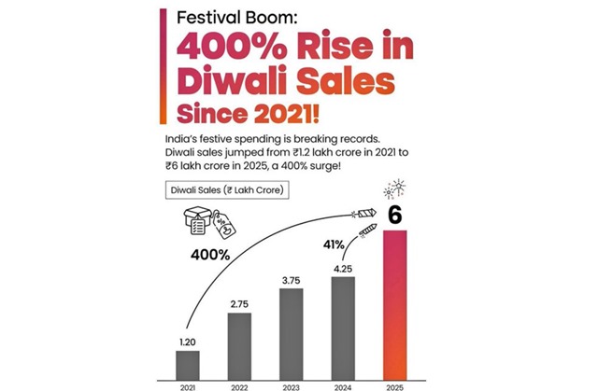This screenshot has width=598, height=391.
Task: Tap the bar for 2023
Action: point(291,332)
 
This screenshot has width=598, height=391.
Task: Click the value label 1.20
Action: point(188,342)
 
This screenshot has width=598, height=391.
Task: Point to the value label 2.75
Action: point(239,304)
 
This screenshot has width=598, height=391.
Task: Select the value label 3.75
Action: point(291,280)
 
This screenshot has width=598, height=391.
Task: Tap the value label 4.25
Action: point(342,268)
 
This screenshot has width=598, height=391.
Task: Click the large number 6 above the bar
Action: point(395,214)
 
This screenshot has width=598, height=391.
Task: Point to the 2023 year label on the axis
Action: point(291,385)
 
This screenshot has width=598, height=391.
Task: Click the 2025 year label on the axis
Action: point(395,385)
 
